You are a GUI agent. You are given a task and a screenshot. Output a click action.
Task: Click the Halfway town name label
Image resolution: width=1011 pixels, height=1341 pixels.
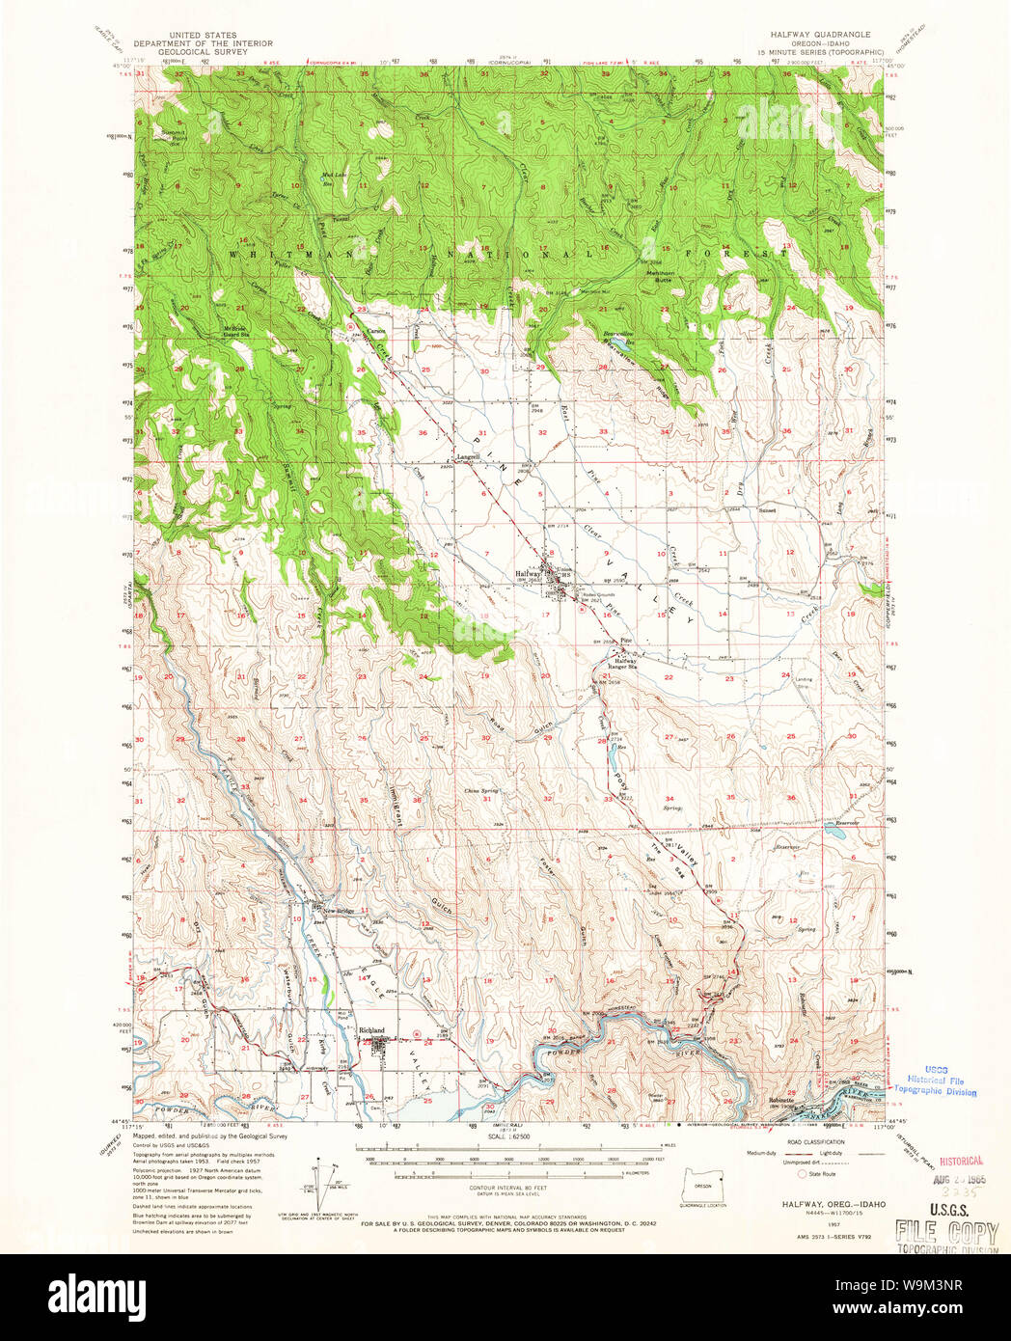click(x=528, y=573)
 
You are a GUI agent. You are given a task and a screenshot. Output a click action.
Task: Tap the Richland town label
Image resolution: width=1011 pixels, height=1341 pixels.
click(x=371, y=1030)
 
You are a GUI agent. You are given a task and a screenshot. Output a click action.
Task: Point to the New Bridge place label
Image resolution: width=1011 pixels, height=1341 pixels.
click(x=340, y=911)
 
